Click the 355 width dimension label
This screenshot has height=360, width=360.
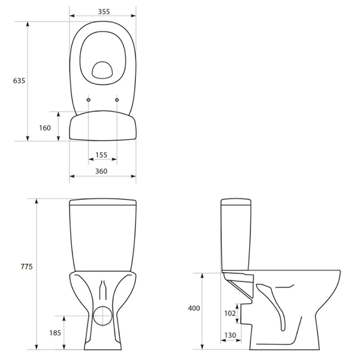point(104,12)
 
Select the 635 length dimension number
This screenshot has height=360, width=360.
point(19,81)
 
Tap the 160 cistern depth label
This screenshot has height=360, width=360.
point(45,128)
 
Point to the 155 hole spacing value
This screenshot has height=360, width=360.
point(101,155)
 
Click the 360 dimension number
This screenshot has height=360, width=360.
point(101,171)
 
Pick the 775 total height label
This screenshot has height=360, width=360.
point(27,266)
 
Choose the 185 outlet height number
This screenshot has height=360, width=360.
point(55,333)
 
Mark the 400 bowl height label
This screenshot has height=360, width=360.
point(194,308)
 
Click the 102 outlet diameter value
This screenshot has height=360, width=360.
point(230,313)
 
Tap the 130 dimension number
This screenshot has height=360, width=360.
point(230,335)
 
